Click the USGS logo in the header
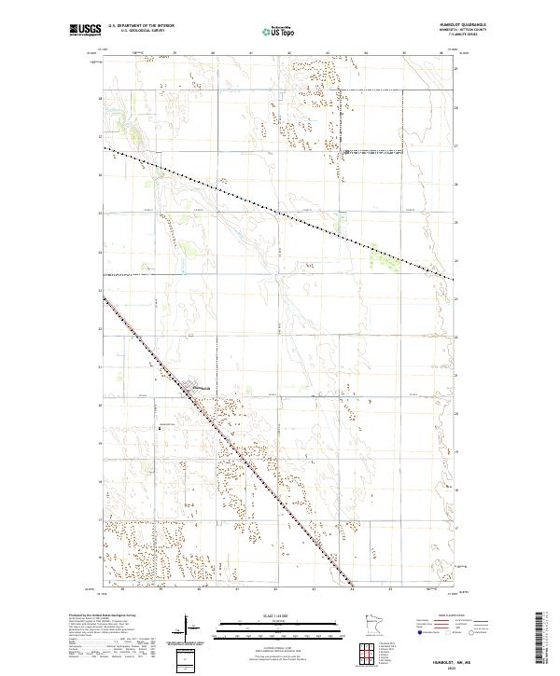coord(85,30)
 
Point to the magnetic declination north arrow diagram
coord(183,623)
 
